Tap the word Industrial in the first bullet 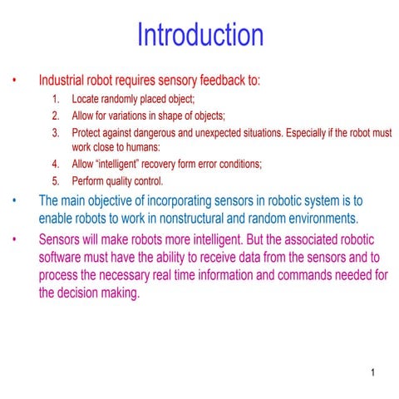(65, 81)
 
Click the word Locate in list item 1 (86, 100)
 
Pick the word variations (127, 116)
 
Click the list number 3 (55, 132)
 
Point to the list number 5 (55, 180)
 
